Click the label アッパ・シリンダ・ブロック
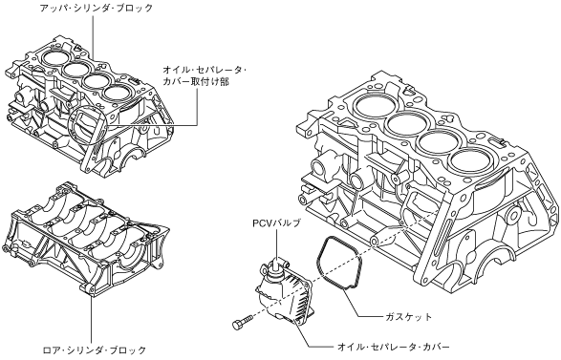click(97, 8)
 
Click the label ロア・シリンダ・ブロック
click(95, 349)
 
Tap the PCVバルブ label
click(276, 223)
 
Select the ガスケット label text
click(409, 317)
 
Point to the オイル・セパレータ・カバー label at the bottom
click(393, 347)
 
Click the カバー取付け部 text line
click(195, 81)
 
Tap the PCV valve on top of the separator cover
click(275, 267)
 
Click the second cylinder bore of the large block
click(408, 122)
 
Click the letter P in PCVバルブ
click(255, 223)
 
